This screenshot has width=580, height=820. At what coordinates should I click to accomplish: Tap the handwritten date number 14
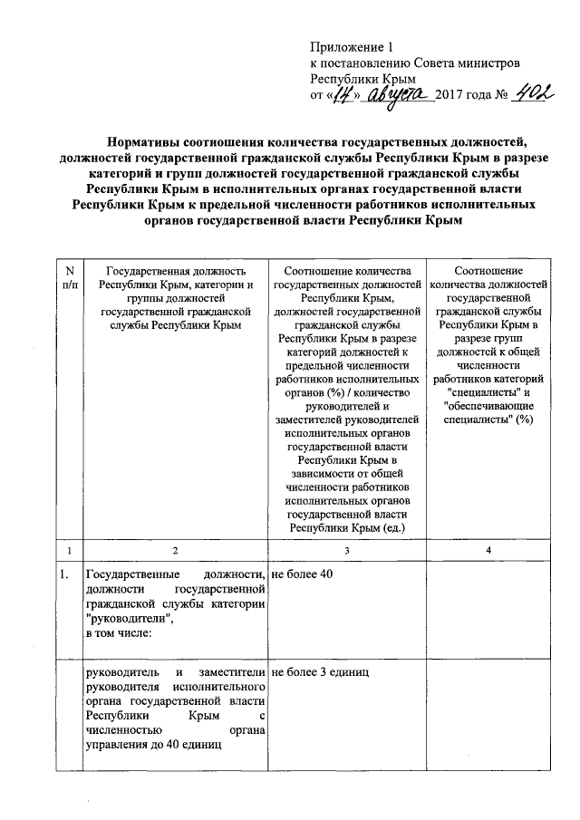(x=343, y=94)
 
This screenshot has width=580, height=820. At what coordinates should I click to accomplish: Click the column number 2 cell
(x=176, y=551)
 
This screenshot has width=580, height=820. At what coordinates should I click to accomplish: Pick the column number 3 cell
(x=346, y=551)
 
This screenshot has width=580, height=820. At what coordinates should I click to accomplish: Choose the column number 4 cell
(x=488, y=551)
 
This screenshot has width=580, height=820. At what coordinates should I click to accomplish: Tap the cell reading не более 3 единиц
(x=318, y=672)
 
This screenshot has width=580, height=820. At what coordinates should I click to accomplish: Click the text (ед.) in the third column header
(x=393, y=527)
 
